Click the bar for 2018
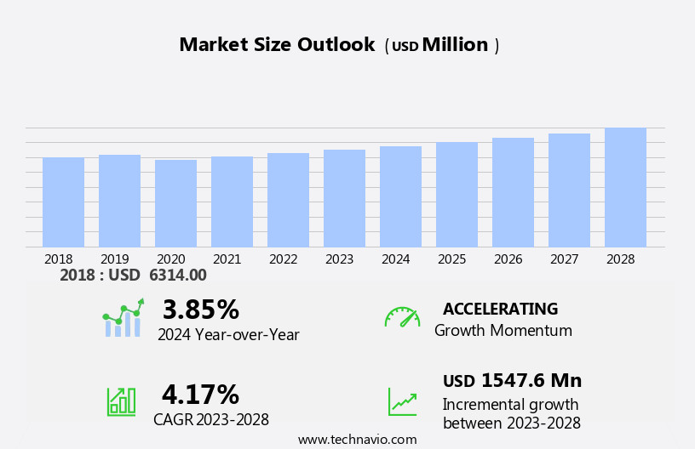63,202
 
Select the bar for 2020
175,204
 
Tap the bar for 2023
344,199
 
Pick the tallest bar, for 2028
625,188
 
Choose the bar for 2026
513,193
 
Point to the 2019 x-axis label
115,259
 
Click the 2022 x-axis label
284,259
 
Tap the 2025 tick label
452,259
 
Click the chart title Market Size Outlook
277,45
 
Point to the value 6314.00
178,276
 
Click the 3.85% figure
200,310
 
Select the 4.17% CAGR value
200,395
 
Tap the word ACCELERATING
500,310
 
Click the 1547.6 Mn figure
531,381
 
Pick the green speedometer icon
402,317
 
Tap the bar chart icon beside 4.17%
121,401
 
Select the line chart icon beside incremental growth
402,401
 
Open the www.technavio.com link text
357,440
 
